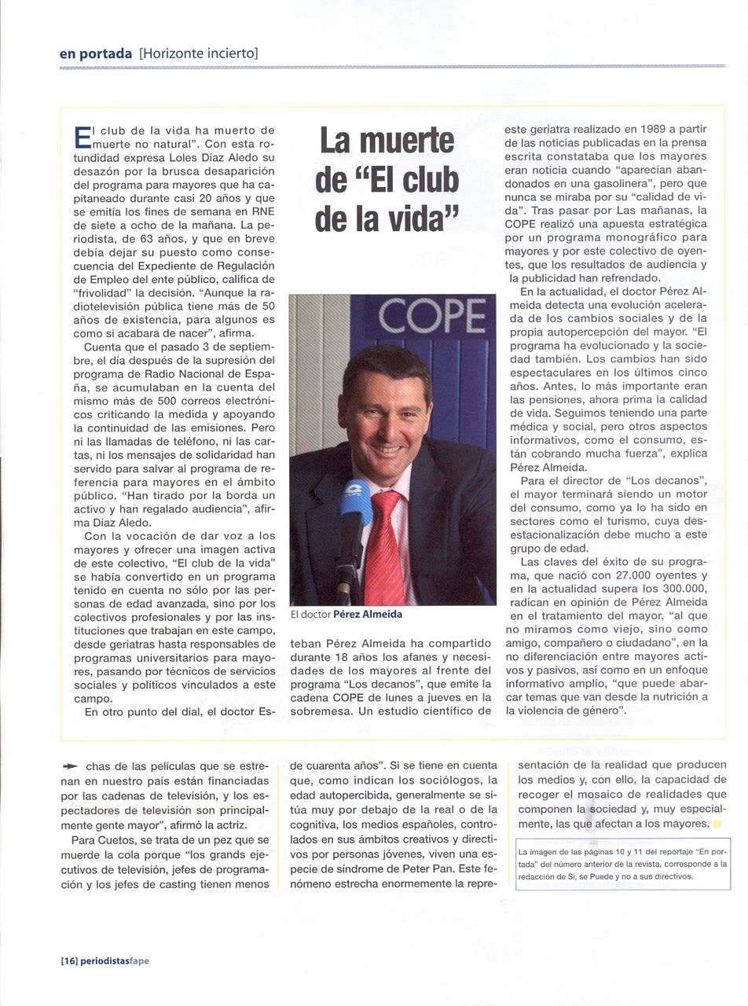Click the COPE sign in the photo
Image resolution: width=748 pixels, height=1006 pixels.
pos(431,316)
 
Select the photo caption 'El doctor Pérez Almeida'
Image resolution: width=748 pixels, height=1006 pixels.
pos(346,615)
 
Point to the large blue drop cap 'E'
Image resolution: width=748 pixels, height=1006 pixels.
pos(82,136)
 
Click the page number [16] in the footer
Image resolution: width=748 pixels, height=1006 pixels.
pos(68,960)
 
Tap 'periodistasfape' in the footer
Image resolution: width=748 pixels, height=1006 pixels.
pos(115,960)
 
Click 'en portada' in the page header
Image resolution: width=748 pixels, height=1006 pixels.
pos(95,53)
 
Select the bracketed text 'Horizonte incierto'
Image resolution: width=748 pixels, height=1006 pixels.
pos(199,53)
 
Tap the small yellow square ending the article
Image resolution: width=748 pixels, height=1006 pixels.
pos(717,824)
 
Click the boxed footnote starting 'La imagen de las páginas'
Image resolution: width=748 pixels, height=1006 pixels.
pos(622,864)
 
